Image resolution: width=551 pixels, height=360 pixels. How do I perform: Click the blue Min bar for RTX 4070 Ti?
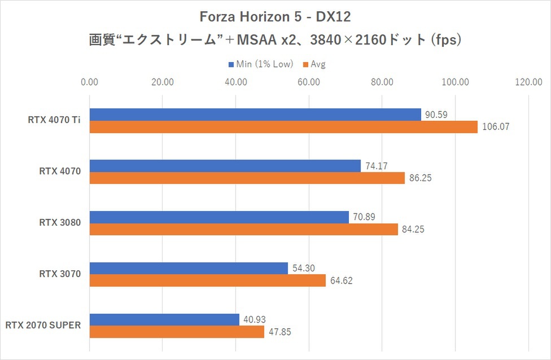[255, 115]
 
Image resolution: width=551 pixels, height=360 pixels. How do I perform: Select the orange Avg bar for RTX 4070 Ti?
[283, 127]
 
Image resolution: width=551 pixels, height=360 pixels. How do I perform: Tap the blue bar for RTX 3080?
[219, 217]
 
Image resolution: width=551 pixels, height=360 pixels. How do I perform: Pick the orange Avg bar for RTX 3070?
[208, 280]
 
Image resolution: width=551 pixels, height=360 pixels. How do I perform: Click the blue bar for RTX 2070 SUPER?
[164, 320]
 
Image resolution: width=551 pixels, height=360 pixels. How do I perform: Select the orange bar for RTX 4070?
[247, 178]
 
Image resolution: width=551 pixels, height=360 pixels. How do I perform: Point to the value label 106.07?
[496, 127]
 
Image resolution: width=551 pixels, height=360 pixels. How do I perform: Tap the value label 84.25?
[413, 230]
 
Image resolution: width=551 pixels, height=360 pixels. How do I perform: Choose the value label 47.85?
[280, 332]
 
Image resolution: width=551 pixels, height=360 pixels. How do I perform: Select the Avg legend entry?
[317, 64]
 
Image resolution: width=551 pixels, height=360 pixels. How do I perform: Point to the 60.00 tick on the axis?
[309, 82]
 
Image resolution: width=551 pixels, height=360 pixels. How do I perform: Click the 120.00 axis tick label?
[528, 82]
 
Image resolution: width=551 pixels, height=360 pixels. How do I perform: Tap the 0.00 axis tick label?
[90, 82]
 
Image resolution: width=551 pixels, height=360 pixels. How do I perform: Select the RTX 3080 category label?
[60, 222]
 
